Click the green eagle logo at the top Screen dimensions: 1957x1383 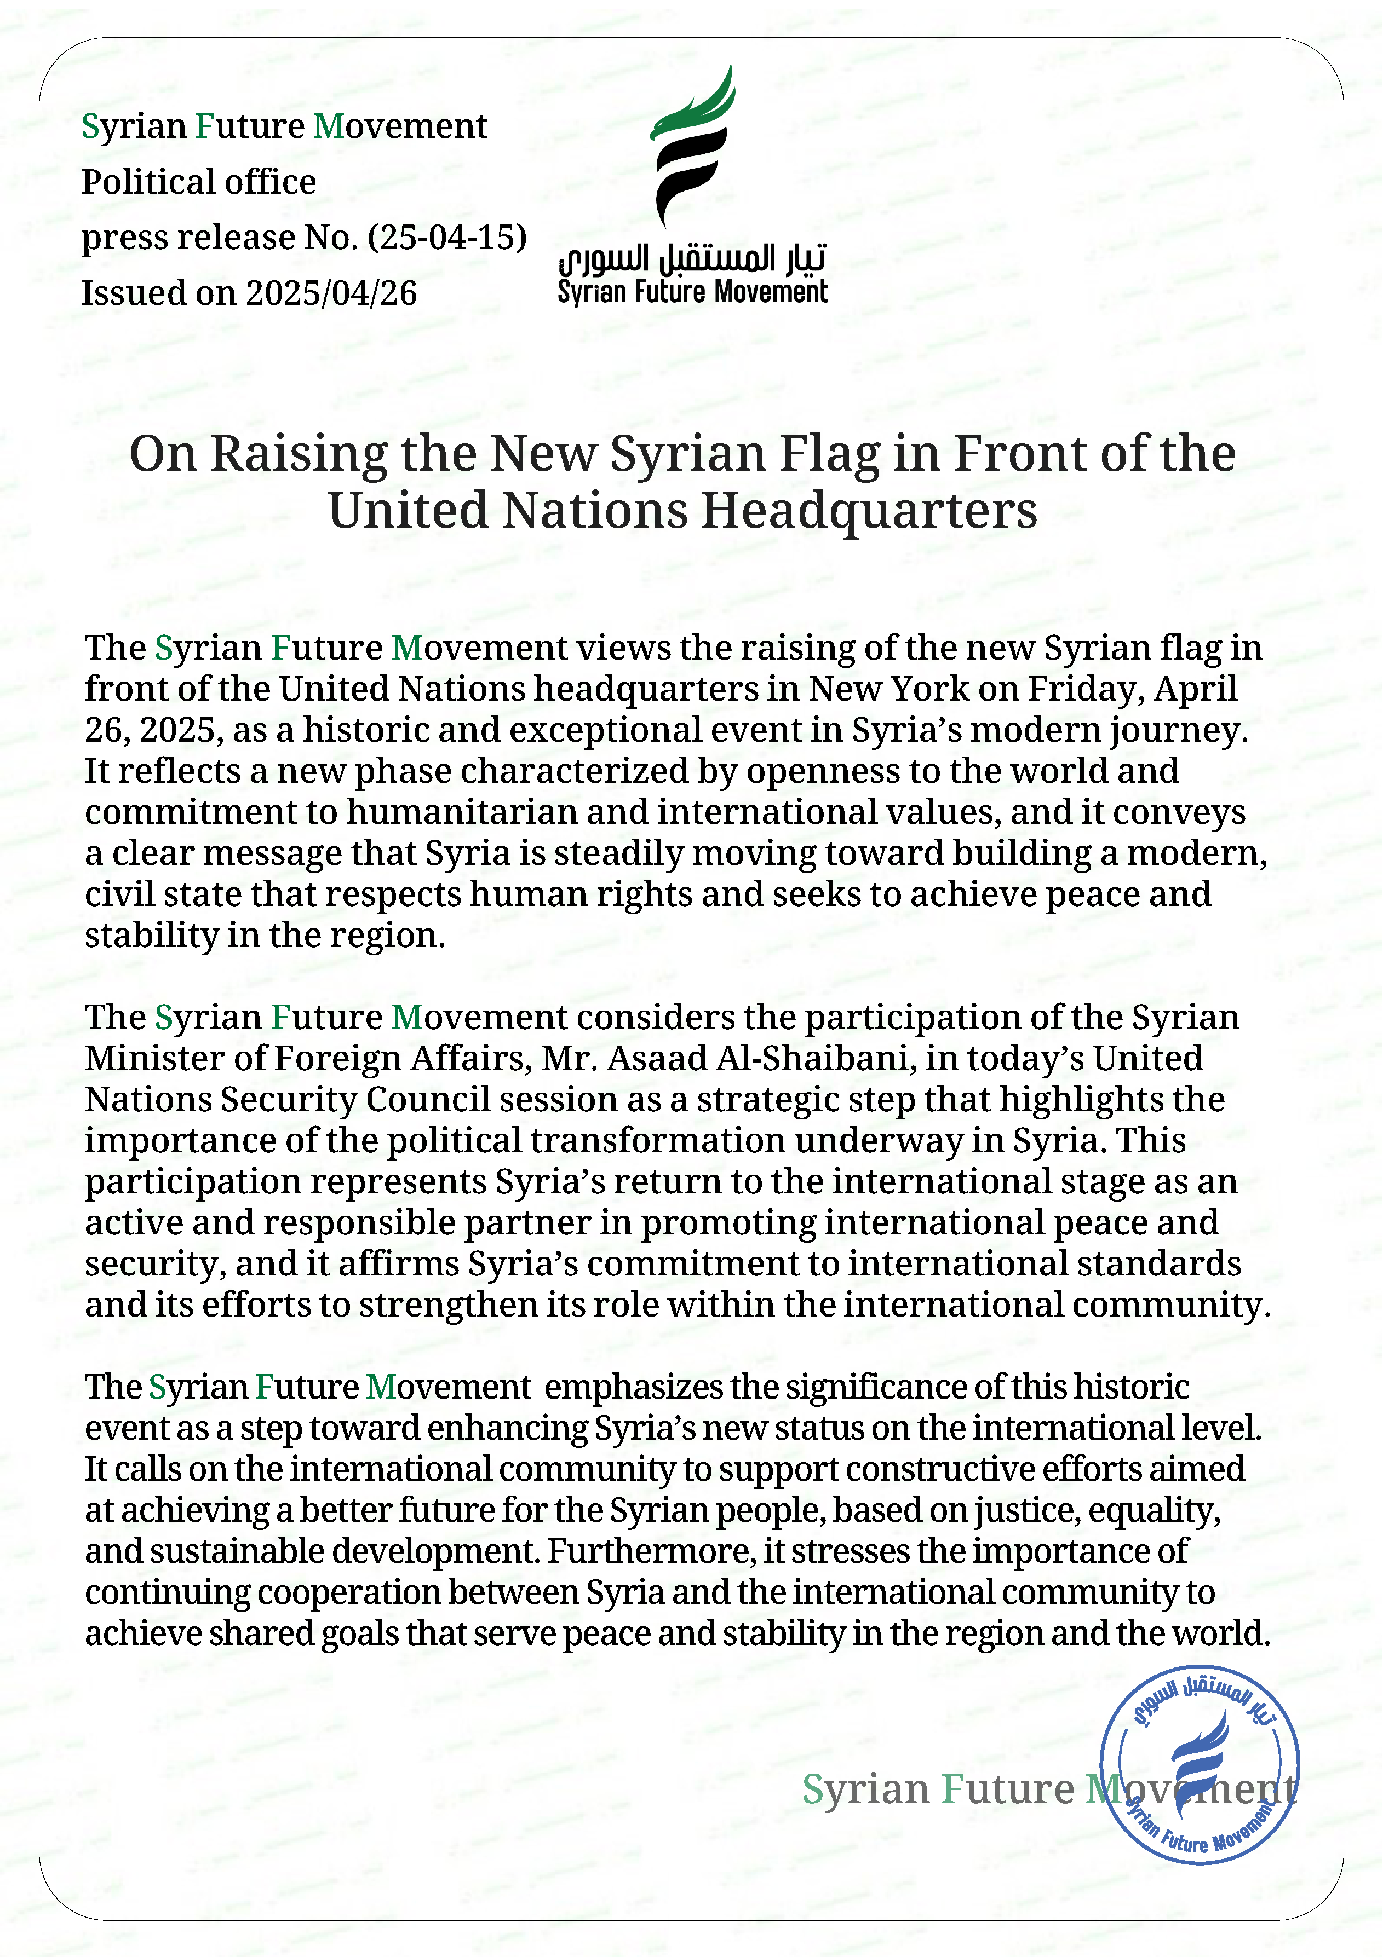coord(692,145)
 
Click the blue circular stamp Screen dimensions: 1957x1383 coord(1200,1764)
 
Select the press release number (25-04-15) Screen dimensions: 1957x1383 coord(447,237)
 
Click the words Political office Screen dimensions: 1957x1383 coord(199,182)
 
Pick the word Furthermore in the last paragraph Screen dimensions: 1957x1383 coord(651,1551)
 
